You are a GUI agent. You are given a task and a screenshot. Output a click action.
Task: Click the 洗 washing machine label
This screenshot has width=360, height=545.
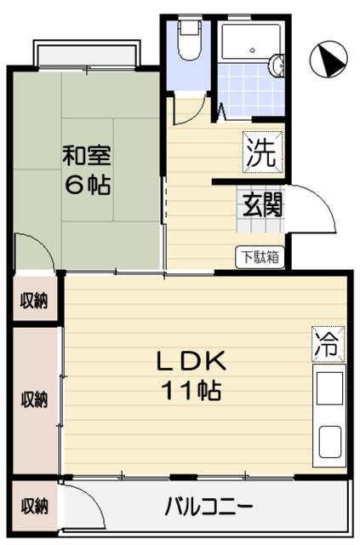click(x=261, y=152)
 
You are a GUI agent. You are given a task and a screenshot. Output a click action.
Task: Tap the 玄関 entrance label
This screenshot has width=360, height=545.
click(x=260, y=204)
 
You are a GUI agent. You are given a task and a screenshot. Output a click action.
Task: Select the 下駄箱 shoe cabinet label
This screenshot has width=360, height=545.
click(x=260, y=255)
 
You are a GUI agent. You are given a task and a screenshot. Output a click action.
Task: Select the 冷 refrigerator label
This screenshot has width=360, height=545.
click(x=328, y=344)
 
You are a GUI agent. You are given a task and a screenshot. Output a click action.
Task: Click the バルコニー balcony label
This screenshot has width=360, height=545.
click(x=209, y=507)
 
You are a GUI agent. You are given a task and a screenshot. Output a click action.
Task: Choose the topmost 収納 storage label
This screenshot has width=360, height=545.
click(x=34, y=301)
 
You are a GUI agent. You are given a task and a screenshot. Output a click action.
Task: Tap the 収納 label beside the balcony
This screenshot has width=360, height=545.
click(x=34, y=506)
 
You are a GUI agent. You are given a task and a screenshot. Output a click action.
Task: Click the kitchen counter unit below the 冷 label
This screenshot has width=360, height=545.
click(x=329, y=417)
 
